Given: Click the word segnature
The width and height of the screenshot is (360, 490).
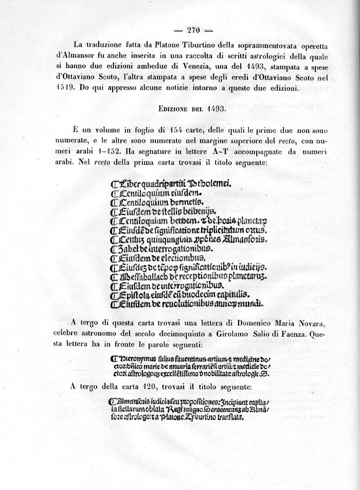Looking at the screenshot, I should coord(154,152).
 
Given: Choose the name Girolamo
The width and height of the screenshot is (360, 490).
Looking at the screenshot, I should coord(236,333).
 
